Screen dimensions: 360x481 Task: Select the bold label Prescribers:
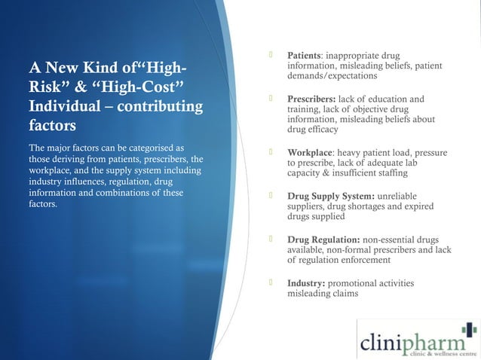click(311, 99)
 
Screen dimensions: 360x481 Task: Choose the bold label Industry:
click(306, 283)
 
